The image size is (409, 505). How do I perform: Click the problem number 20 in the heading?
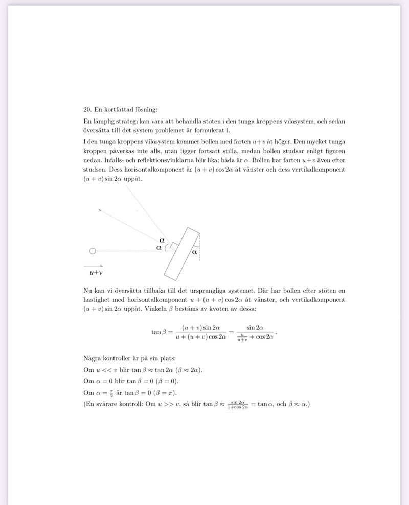pos(86,109)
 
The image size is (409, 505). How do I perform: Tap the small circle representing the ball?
pos(93,251)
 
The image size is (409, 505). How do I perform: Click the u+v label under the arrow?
pos(93,273)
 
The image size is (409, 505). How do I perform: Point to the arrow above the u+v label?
pos(93,266)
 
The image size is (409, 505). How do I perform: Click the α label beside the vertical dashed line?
pos(194,251)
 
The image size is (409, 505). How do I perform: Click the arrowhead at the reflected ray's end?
pos(101,209)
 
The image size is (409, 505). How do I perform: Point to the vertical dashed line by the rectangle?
pos(199,248)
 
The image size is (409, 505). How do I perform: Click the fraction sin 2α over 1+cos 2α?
pos(239,405)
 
